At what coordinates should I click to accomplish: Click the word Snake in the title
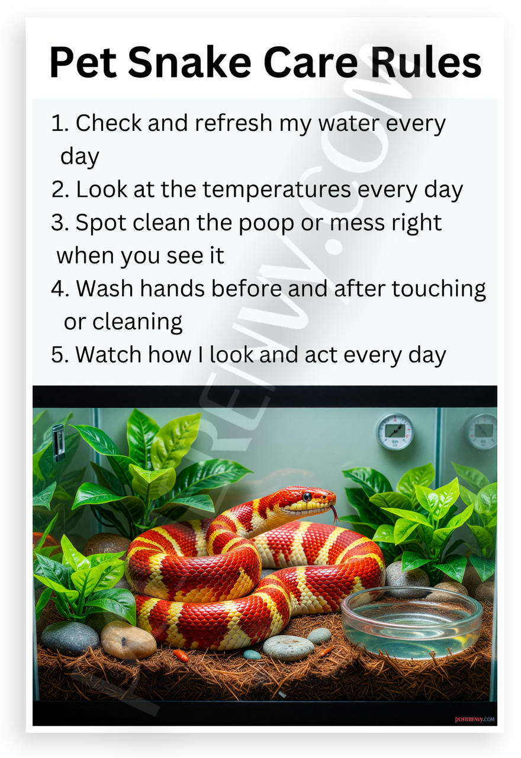(189, 63)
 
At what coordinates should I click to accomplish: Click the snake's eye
(307, 497)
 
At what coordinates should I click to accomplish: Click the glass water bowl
(411, 622)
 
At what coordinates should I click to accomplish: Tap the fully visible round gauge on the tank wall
(395, 432)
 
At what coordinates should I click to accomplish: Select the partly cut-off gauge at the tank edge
(483, 431)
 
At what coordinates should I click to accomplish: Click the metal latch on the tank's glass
(58, 442)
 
